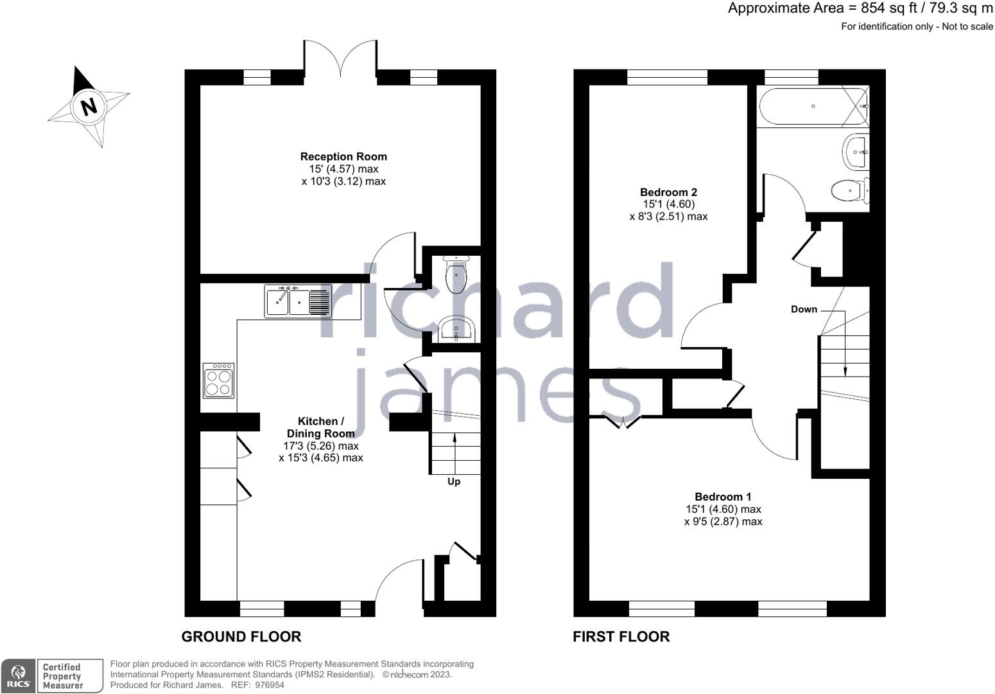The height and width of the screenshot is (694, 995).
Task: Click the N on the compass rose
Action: coord(89,107)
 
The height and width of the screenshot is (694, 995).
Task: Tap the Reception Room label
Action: coord(343,157)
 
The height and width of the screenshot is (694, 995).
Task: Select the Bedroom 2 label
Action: coord(668,193)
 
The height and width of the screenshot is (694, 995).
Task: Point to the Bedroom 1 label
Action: coord(723,497)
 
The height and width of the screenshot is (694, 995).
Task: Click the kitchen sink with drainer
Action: coord(298,301)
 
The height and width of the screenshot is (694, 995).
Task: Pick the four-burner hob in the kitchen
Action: coord(218,380)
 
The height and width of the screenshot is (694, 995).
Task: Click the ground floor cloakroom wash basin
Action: coord(456,330)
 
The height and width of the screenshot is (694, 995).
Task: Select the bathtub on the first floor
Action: coord(813,106)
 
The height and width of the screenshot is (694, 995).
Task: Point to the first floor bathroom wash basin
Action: coord(856,152)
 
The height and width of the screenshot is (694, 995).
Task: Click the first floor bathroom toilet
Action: coord(850,191)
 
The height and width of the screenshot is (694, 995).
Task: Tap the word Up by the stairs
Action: coord(453,482)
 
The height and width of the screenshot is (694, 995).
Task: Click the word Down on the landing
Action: coord(804,310)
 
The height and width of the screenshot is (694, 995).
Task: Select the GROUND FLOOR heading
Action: coord(241,637)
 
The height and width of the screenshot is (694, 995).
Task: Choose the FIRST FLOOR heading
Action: coord(621,637)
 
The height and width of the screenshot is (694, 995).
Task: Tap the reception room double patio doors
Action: coord(341,58)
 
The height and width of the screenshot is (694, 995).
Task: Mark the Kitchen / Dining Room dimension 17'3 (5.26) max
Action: coord(321,446)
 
